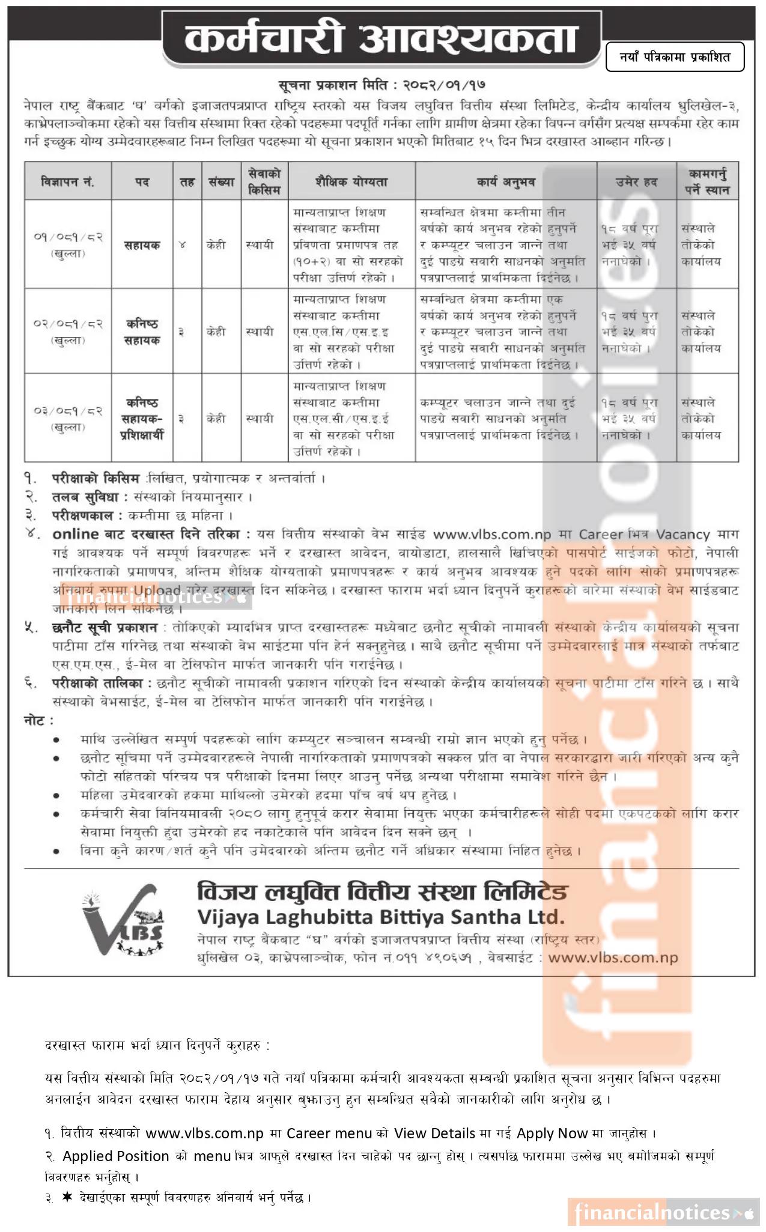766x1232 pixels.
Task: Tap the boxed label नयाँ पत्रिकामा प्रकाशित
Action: [x=675, y=57]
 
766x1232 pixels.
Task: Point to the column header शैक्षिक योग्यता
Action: [x=351, y=181]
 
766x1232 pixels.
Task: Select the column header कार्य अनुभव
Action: [x=505, y=181]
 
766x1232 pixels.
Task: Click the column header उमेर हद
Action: [x=636, y=181]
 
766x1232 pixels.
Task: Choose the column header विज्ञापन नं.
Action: [x=67, y=181]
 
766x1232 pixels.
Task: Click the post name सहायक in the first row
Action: [x=142, y=245]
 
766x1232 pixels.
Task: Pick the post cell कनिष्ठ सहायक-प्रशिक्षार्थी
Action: [x=142, y=419]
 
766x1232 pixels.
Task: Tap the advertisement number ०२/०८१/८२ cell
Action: [x=67, y=331]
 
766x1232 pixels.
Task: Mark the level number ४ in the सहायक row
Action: [x=182, y=245]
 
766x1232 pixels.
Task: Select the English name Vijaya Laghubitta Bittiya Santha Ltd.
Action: [x=381, y=917]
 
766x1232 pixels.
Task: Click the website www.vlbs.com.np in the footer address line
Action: [x=613, y=958]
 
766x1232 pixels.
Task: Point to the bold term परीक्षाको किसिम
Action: [x=96, y=479]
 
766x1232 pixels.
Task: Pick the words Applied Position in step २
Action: [x=115, y=1156]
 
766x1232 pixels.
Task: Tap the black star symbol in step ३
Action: [x=66, y=1197]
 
